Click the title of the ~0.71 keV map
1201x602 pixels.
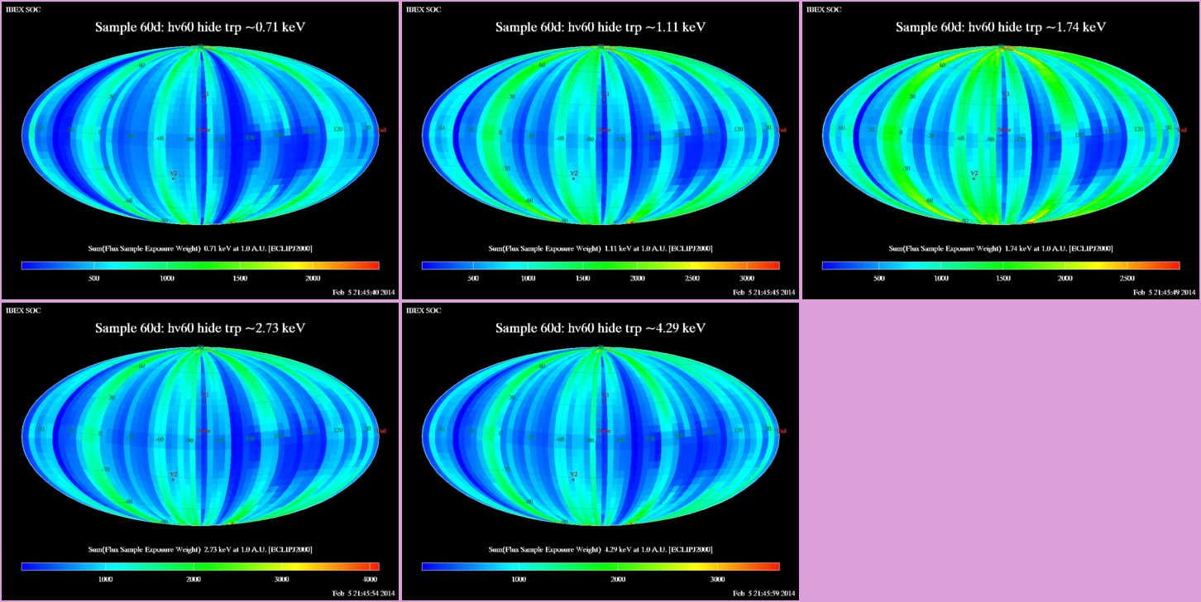(201, 27)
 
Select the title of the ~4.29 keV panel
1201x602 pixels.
(600, 328)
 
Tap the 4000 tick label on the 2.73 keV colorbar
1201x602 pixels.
(370, 580)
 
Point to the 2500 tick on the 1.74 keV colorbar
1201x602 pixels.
(1127, 279)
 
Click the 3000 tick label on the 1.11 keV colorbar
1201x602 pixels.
(746, 279)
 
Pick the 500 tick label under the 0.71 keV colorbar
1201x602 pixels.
(93, 279)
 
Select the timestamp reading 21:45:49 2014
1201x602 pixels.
(1165, 292)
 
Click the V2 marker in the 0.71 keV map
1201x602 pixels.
(173, 175)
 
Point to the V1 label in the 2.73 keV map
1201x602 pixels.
(205, 395)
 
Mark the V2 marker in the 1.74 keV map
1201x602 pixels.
(974, 175)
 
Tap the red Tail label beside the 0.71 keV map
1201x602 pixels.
(382, 130)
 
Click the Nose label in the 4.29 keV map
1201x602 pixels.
(605, 431)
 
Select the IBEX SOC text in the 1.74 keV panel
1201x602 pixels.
(823, 9)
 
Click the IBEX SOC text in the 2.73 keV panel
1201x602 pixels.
(22, 310)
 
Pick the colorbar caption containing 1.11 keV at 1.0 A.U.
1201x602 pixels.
(600, 248)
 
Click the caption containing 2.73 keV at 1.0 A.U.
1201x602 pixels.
(200, 549)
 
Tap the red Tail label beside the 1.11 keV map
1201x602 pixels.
(782, 130)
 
